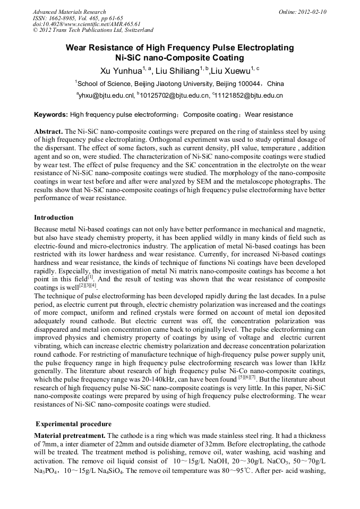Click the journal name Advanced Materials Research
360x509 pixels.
69,12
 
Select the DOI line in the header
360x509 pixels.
87,24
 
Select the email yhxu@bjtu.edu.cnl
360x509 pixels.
106,96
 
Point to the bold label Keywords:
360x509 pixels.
51,115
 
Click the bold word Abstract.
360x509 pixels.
48,131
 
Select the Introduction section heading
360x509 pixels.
54,218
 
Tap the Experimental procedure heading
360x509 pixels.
73,424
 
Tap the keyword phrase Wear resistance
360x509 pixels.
269,115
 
